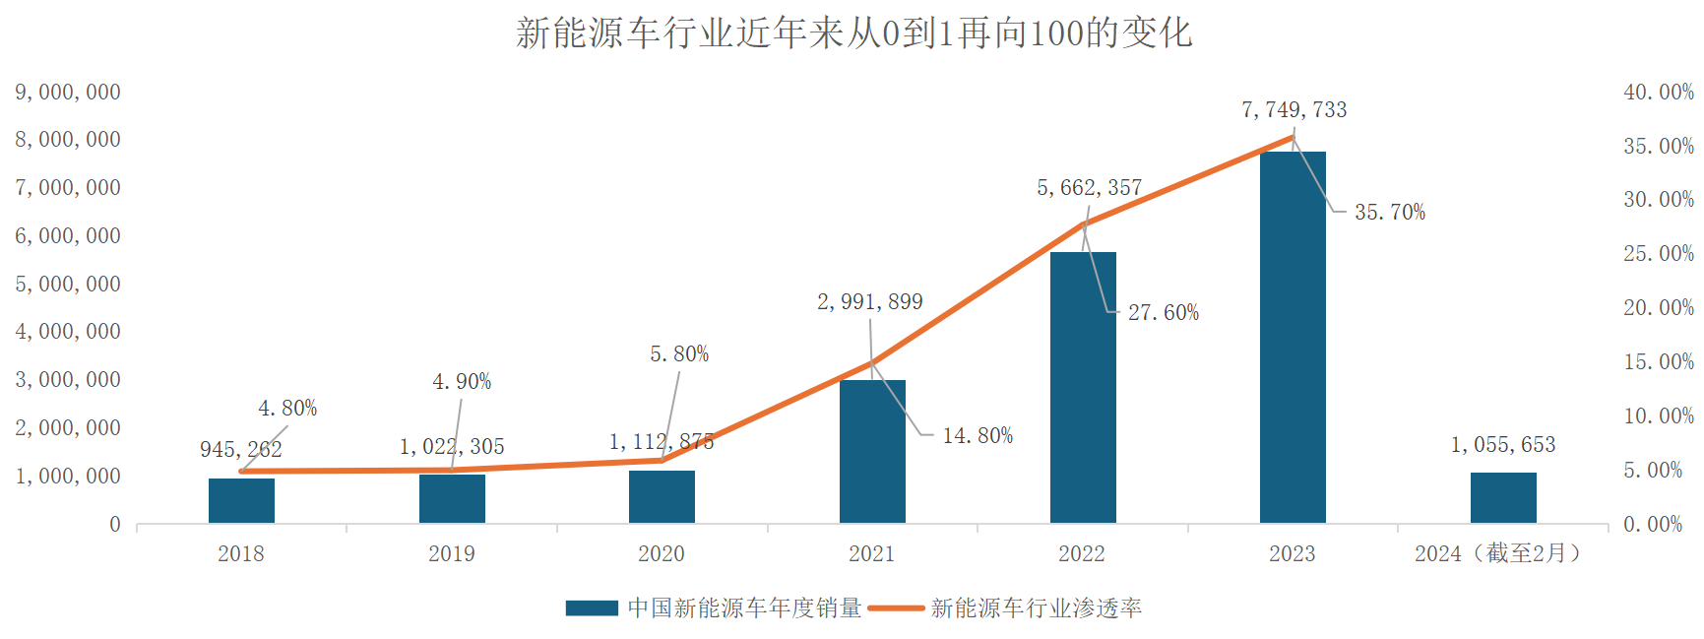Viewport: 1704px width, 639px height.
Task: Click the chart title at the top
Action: coord(852,33)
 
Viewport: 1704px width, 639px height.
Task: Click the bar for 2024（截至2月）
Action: coord(1503,497)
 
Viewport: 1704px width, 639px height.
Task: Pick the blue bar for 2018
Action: coord(241,500)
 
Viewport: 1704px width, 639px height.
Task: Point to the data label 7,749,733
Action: coord(1294,110)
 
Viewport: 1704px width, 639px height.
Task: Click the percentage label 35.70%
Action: coord(1389,213)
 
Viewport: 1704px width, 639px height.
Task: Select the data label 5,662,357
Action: coord(1089,188)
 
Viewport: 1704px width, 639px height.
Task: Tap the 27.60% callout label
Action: coord(1163,313)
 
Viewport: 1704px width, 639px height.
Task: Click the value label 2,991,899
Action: coord(869,302)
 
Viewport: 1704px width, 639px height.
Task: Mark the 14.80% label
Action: coord(977,436)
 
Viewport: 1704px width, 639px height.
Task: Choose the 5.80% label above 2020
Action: coord(678,354)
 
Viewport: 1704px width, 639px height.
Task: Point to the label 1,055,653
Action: coord(1502,445)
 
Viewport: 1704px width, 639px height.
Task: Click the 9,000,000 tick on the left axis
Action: coord(67,93)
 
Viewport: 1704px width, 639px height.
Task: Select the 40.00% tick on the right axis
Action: coord(1658,93)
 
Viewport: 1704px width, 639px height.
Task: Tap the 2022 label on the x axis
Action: coord(1082,554)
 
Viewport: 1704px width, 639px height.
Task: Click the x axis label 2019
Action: coord(451,554)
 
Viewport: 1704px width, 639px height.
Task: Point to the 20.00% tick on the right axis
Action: coord(1658,308)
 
